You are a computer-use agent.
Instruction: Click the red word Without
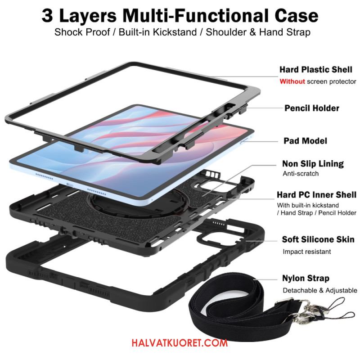coord(292,81)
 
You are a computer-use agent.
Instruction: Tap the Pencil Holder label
coord(311,108)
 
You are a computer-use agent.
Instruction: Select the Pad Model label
coord(305,141)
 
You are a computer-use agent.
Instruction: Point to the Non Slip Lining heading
coord(313,164)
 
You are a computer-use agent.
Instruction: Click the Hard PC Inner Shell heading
coord(316,195)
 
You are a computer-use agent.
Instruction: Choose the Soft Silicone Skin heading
coord(318,239)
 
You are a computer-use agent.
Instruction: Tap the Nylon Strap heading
coord(306,278)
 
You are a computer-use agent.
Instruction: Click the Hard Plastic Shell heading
coord(316,69)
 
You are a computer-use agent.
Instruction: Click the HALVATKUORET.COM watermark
coord(180,343)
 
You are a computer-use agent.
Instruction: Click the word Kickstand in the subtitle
coord(175,32)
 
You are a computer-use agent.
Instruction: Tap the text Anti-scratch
coord(301,174)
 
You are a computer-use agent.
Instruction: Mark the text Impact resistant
coord(307,252)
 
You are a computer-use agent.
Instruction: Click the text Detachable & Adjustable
coord(320,290)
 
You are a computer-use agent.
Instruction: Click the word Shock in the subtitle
coord(68,32)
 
